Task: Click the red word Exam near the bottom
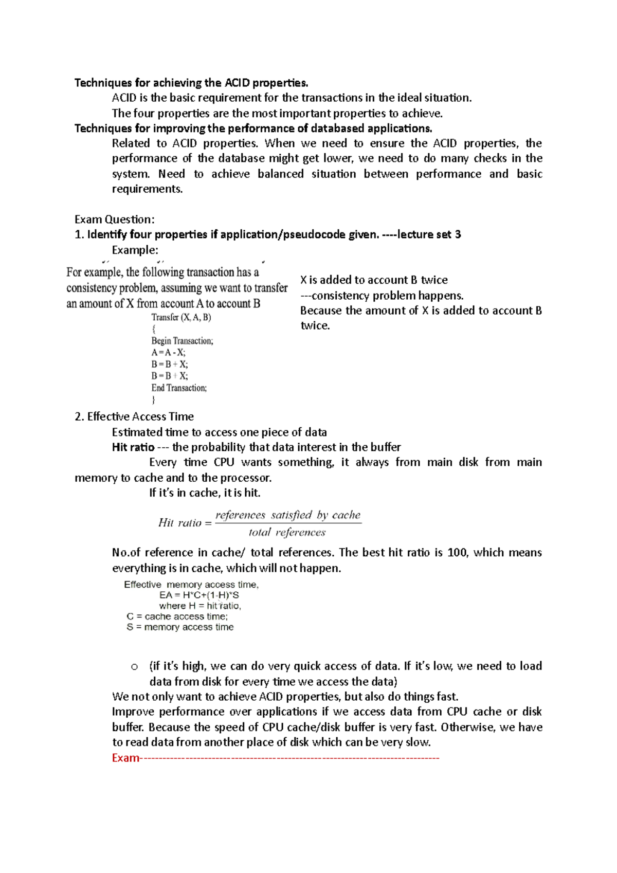tap(125, 758)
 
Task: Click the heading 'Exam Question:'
tap(114, 220)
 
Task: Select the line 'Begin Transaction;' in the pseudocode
tap(182, 341)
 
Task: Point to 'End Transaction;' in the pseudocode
tap(179, 388)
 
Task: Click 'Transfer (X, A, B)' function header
tap(181, 317)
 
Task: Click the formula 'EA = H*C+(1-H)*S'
tap(199, 595)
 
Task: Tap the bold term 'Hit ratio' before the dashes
tap(133, 447)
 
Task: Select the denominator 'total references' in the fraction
tap(287, 533)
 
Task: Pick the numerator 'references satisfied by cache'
tap(288, 515)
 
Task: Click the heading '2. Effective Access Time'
tap(134, 416)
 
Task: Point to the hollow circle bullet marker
tap(134, 667)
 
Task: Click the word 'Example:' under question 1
tap(135, 250)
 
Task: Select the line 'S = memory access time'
tap(180, 627)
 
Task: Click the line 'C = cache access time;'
tap(177, 616)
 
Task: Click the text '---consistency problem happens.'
tap(382, 296)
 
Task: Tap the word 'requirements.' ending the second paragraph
tap(147, 189)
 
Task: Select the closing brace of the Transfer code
tap(153, 400)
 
